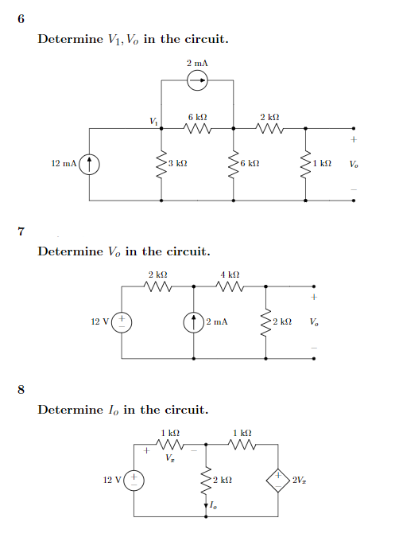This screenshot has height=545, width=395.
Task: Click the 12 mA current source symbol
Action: point(89,164)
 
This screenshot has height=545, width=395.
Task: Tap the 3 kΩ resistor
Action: point(162,163)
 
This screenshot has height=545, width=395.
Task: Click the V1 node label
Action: point(153,121)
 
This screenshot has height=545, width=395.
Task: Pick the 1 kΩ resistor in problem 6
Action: point(306,163)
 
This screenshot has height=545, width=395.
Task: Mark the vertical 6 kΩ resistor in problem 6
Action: point(234,163)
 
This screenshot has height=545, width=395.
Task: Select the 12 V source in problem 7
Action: point(122,322)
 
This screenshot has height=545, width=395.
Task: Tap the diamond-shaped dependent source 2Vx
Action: point(281,480)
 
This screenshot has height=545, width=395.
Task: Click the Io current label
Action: point(213,506)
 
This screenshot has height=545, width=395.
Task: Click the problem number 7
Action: point(21,232)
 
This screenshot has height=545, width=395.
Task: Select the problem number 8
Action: point(21,389)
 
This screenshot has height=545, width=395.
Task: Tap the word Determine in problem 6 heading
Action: point(70,38)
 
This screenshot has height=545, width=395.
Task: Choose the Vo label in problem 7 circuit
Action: point(316,323)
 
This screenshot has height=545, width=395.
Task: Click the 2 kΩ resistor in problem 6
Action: point(269,127)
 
